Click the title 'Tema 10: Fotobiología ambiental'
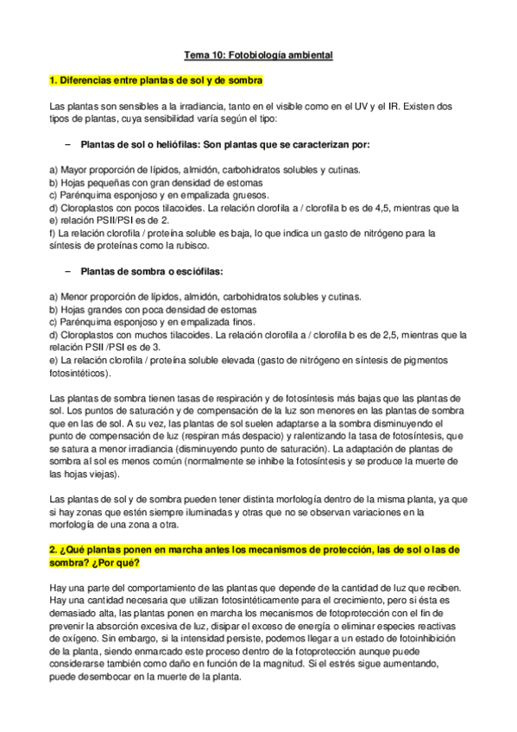[258, 55]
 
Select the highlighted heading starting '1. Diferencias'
[156, 80]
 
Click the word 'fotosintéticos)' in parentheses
[80, 374]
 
